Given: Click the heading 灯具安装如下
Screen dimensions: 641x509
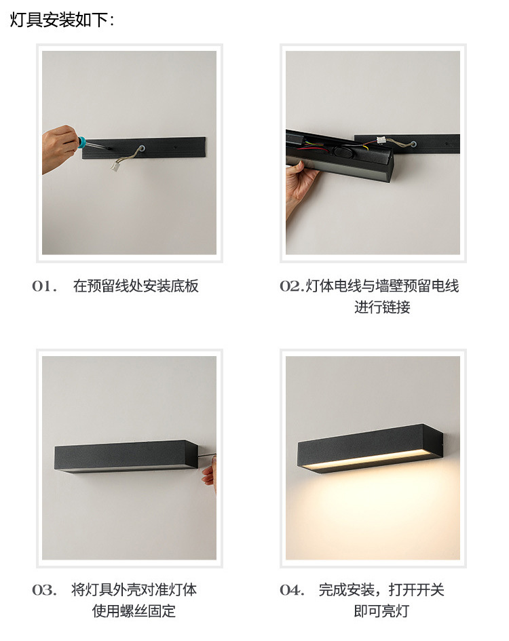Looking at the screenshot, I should pyautogui.click(x=61, y=20).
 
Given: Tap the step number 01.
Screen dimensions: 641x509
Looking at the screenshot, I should pyautogui.click(x=44, y=286).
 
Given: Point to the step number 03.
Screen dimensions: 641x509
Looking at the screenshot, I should pyautogui.click(x=44, y=590).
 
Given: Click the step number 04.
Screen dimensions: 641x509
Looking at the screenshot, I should pyautogui.click(x=292, y=590).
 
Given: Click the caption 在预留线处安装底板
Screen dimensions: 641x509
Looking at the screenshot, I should pyautogui.click(x=136, y=286).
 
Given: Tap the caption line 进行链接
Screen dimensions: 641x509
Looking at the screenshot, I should pyautogui.click(x=382, y=307).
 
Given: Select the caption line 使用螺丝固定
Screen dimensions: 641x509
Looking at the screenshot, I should pyautogui.click(x=134, y=611).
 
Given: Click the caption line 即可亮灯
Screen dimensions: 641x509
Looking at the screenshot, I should pyautogui.click(x=381, y=611).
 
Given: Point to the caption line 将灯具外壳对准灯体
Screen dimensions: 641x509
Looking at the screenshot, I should pyautogui.click(x=134, y=590).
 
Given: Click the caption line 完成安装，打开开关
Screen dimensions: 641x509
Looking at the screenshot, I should pyautogui.click(x=381, y=590).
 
